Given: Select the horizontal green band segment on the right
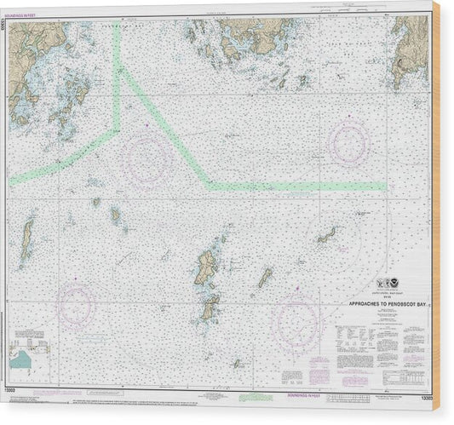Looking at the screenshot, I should [x=298, y=184].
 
